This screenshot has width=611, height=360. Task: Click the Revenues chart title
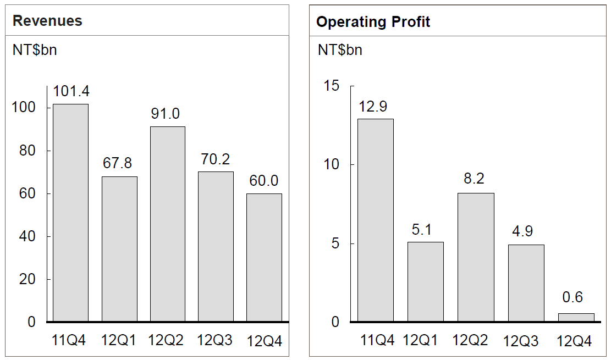click(x=47, y=21)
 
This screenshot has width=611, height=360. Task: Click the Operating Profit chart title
click(x=373, y=22)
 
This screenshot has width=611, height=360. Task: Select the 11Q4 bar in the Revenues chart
click(x=70, y=213)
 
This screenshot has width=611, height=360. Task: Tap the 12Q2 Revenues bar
click(x=168, y=224)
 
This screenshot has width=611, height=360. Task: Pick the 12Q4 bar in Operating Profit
click(x=576, y=318)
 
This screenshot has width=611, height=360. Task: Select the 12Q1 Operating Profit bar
click(x=426, y=282)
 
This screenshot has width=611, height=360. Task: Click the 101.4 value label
click(x=71, y=91)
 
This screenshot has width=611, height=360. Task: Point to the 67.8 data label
click(x=117, y=163)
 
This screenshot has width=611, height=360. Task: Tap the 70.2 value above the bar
click(x=216, y=159)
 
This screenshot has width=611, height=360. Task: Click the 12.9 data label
click(x=373, y=107)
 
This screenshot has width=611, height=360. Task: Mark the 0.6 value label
click(x=573, y=297)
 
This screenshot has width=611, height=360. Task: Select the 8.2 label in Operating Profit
click(x=474, y=179)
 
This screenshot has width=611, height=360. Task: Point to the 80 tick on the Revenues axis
click(x=27, y=151)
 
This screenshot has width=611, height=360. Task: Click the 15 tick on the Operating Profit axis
click(x=332, y=86)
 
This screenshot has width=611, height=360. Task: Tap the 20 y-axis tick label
click(x=27, y=279)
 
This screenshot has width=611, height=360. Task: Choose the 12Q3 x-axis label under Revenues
click(x=214, y=340)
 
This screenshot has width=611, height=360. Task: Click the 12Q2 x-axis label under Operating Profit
click(x=470, y=340)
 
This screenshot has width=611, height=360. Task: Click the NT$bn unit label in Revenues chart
click(x=35, y=50)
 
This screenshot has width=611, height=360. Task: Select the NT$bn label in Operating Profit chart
click(x=340, y=50)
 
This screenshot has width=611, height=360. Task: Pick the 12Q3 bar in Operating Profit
click(x=526, y=283)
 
